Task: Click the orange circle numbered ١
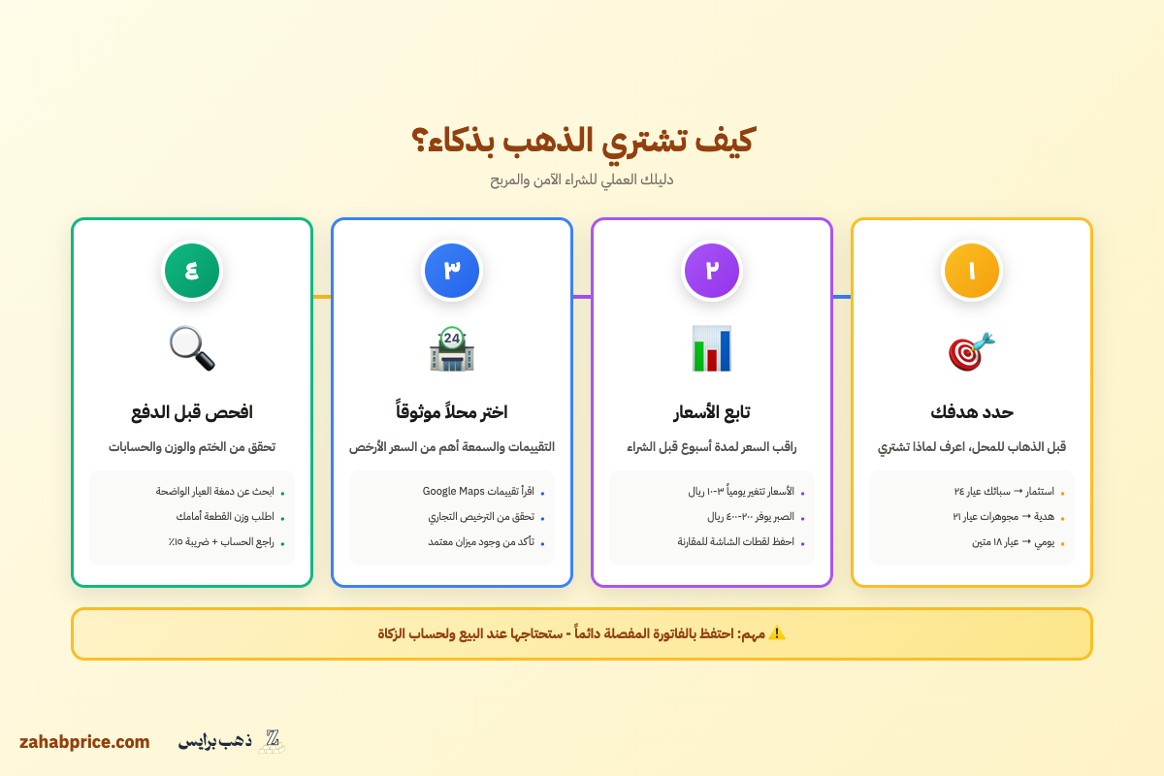(x=971, y=271)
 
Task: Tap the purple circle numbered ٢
(x=712, y=271)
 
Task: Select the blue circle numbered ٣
(x=452, y=271)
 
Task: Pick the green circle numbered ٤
(x=192, y=271)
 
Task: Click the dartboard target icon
(x=971, y=350)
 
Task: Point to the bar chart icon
(x=712, y=349)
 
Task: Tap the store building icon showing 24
(x=452, y=349)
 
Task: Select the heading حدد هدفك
(x=971, y=411)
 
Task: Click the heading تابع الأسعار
(x=712, y=412)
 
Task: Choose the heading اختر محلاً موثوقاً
(x=452, y=411)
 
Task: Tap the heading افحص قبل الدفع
(x=192, y=411)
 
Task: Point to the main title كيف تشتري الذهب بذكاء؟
(x=582, y=141)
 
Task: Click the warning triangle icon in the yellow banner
(x=776, y=633)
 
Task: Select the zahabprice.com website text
(x=84, y=742)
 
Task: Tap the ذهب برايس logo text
(x=214, y=741)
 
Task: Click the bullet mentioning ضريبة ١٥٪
(x=220, y=542)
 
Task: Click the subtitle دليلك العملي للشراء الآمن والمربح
(x=582, y=179)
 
